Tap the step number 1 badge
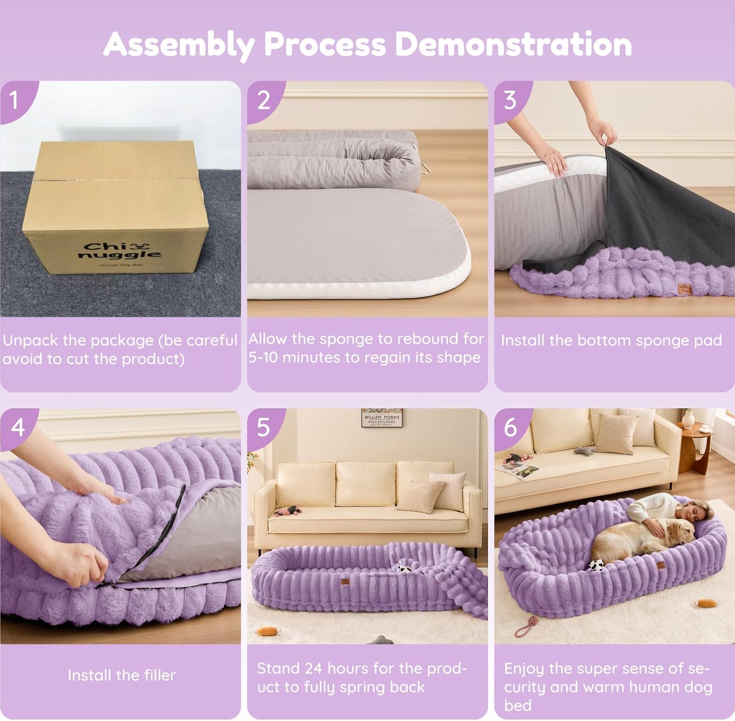[x=14, y=99]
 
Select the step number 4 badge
[x=18, y=427]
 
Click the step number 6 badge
[x=511, y=427]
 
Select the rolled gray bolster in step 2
[x=333, y=157]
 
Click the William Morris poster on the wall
[x=382, y=418]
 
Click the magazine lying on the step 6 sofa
[x=518, y=471]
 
